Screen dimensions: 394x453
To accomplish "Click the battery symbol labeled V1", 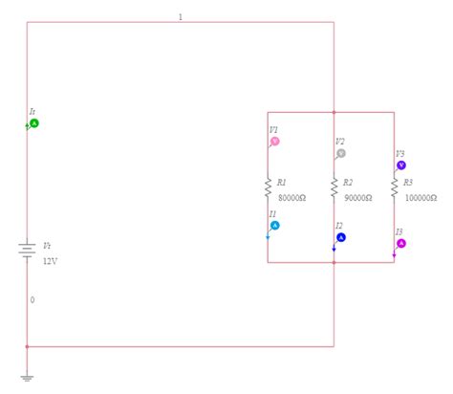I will point(27,251).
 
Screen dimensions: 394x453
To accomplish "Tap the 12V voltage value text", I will point(50,260).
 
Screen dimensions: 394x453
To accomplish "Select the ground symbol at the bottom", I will point(27,377).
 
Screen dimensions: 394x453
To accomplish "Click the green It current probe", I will point(33,123).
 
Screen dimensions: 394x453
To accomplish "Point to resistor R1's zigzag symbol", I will point(269,188).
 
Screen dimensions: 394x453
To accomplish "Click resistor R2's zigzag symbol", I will point(334,188).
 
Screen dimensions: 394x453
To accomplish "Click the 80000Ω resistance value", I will point(291,198).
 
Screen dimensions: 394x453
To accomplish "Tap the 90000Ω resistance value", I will point(357,198).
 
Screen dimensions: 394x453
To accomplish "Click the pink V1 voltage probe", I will point(275,141).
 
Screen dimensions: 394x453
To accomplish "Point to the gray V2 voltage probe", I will point(341,153).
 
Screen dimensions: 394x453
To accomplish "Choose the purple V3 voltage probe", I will point(401,164).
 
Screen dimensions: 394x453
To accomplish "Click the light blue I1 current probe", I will point(275,226).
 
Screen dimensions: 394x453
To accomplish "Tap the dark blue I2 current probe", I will point(341,237).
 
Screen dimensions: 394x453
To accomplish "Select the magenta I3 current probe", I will point(401,243).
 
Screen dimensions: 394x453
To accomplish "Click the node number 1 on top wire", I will point(180,17).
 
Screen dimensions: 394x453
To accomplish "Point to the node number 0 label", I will point(32,299).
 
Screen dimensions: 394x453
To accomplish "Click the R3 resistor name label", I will point(407,182).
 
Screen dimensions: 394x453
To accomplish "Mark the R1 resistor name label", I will point(282,183).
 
